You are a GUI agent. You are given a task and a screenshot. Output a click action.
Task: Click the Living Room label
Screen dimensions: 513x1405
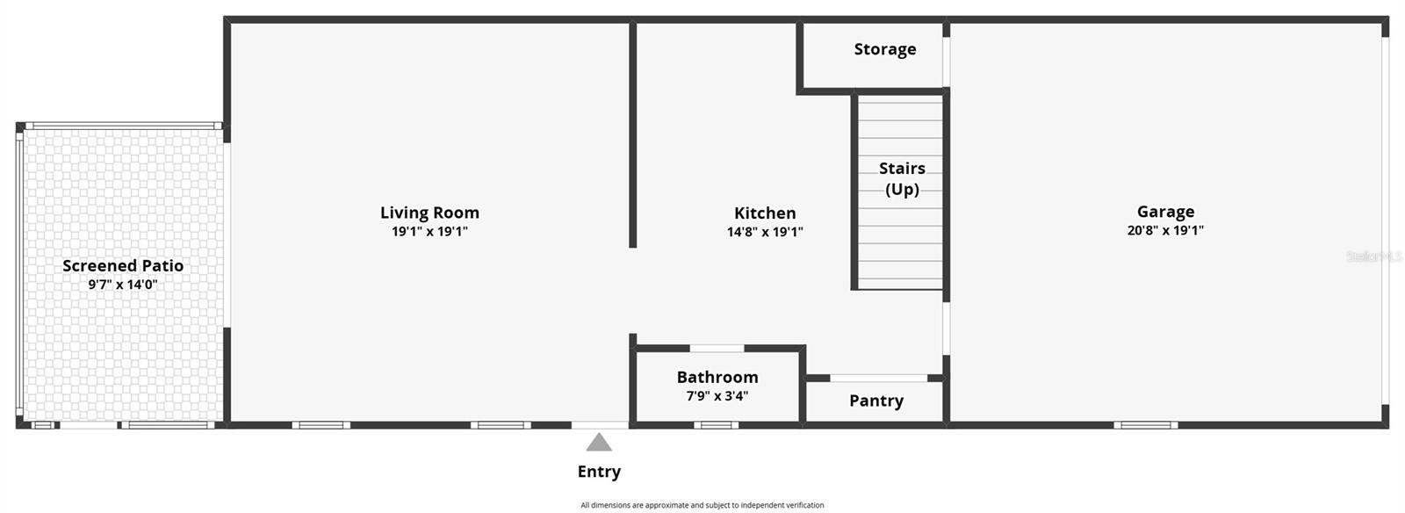(x=429, y=213)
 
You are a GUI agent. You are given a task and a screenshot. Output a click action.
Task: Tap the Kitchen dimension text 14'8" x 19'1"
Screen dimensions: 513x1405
(x=765, y=232)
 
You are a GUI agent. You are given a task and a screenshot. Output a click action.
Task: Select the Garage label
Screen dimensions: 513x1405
(x=1165, y=212)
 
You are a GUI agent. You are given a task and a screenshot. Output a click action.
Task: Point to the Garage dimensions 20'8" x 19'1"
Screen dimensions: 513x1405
(x=1165, y=231)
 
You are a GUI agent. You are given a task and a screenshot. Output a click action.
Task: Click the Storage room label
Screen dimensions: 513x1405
(x=885, y=49)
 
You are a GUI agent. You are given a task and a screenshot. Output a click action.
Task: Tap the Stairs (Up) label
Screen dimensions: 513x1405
(x=902, y=178)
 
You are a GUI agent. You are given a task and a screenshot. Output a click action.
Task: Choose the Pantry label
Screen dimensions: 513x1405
(x=875, y=401)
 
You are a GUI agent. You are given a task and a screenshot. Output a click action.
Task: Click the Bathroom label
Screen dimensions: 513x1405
(x=717, y=377)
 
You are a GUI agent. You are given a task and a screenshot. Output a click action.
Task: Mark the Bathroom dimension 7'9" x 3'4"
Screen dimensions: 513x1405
(x=717, y=396)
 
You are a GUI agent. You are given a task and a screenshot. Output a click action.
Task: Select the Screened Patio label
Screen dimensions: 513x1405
(x=123, y=265)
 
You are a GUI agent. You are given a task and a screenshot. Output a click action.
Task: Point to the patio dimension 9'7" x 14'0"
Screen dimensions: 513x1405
(x=123, y=285)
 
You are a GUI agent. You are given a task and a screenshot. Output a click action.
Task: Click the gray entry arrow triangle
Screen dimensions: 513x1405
(x=599, y=442)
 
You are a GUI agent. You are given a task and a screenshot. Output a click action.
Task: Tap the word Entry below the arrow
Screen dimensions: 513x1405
(x=599, y=472)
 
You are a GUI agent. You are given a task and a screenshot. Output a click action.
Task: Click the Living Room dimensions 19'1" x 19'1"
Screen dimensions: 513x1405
(x=429, y=232)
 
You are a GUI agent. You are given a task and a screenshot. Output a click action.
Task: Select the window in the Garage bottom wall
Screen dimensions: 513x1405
(x=1146, y=425)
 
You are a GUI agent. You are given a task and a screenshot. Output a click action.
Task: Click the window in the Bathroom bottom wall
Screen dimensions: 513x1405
(x=716, y=425)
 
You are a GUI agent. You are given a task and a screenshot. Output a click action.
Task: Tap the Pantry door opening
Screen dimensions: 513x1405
(x=878, y=379)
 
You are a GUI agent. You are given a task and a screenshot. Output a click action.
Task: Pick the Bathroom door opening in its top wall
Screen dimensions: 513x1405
(x=717, y=349)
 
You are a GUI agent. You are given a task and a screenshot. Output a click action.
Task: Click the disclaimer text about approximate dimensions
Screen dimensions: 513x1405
(x=702, y=505)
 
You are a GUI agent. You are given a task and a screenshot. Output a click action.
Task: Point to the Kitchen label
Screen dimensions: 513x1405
(x=765, y=213)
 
